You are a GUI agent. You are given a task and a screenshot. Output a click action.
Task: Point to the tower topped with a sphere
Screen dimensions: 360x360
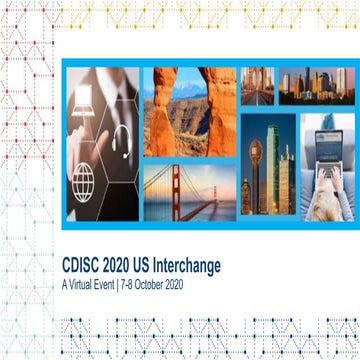click(x=258, y=160)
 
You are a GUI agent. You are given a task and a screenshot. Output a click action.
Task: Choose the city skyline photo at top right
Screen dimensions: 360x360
click(x=315, y=87)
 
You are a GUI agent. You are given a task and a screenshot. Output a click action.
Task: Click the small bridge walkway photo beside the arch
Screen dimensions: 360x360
click(x=257, y=87)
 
